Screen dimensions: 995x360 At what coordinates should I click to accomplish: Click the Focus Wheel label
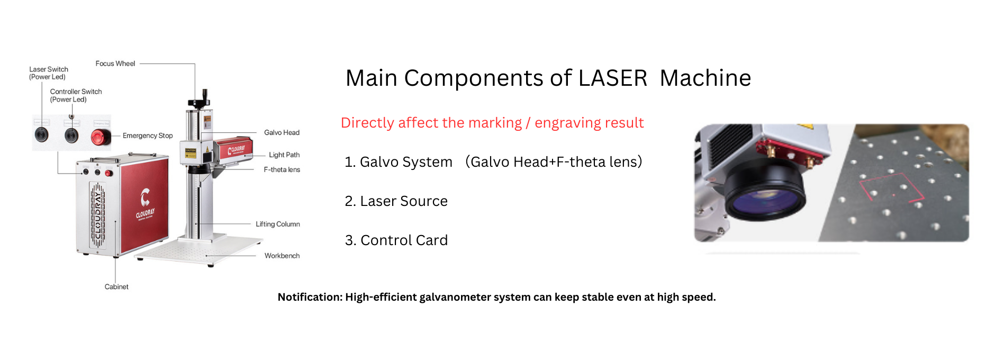coord(115,64)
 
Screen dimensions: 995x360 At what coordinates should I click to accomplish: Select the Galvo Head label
coord(282,132)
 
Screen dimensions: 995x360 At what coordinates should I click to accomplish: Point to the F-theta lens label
coord(282,169)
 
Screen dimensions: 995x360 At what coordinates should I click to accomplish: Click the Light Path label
coord(284,155)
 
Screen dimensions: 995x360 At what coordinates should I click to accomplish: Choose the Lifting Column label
coord(278,224)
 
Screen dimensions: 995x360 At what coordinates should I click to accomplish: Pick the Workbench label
coord(282,256)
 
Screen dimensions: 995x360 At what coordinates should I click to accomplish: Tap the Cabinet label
coord(116,286)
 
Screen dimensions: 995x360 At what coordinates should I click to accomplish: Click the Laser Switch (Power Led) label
coord(49,73)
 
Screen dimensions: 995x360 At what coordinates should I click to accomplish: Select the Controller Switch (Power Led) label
coord(76,95)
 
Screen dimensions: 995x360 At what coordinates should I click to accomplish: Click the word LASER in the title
coord(612,78)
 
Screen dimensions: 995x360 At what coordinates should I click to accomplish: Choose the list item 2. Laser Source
coord(396,201)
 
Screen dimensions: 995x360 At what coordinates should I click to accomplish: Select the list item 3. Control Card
coord(396,240)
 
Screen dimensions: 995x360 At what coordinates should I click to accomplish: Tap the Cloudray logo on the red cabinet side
coord(145,204)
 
